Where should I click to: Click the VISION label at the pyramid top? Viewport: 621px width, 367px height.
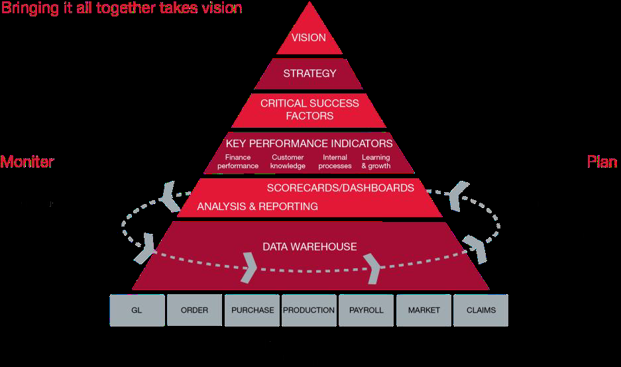[309, 38]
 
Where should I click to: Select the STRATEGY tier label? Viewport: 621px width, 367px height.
[310, 74]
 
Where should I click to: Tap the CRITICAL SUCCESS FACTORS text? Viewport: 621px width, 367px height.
[310, 109]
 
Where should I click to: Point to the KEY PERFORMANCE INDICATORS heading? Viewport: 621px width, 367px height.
[309, 144]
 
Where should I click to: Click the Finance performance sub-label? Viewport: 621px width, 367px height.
[238, 162]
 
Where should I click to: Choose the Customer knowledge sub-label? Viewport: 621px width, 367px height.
[287, 162]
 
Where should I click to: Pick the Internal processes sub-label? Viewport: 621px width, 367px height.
[335, 162]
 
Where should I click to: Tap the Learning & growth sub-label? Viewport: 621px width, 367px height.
[376, 162]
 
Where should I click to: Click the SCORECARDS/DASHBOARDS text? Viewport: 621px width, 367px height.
[340, 188]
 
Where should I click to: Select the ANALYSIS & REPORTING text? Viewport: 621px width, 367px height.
[257, 207]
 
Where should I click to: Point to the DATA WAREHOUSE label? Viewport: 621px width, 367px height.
[310, 247]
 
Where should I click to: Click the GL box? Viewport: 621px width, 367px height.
[137, 310]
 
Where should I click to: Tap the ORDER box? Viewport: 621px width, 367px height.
[194, 310]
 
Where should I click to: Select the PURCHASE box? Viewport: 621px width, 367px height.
[253, 310]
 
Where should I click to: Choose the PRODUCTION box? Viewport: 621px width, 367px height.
[309, 310]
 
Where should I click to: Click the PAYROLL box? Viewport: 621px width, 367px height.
[366, 310]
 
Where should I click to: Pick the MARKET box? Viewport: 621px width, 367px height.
[423, 310]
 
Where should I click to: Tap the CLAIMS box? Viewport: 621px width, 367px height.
[480, 310]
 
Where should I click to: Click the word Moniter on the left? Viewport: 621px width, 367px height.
[27, 162]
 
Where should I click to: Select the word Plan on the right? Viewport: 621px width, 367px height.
[602, 162]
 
